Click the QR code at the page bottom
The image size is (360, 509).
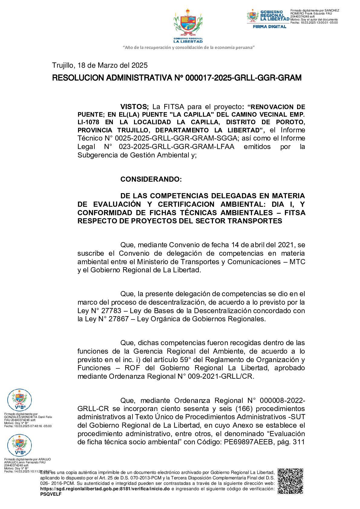point(290,481)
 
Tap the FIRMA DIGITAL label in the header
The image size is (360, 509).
point(269,27)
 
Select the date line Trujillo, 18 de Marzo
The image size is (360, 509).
point(100,65)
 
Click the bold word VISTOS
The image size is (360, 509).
point(134,107)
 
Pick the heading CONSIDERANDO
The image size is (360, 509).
point(151,179)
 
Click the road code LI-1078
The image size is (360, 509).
point(88,122)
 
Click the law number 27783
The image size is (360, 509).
point(111,311)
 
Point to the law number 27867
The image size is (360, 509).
point(119,319)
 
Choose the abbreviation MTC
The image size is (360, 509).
point(297,262)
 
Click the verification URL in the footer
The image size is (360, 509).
point(105,489)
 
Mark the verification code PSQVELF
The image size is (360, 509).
point(51,494)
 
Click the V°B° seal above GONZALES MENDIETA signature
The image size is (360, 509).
point(19,400)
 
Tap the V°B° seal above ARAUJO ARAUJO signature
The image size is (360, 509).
point(19,445)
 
